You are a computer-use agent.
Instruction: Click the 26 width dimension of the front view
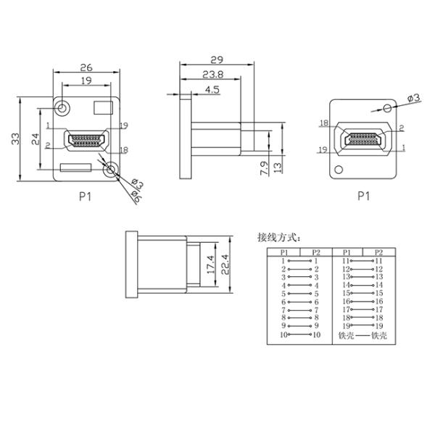pos(86,65)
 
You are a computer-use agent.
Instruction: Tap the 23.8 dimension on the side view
pos(212,75)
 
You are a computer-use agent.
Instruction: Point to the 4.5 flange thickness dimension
pos(213,90)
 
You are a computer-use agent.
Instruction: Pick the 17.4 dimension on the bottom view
pos(210,267)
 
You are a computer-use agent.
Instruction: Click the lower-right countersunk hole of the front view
pos(110,170)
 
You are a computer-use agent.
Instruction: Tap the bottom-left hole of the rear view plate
pos(338,170)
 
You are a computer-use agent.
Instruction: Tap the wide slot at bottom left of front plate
pos(75,168)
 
